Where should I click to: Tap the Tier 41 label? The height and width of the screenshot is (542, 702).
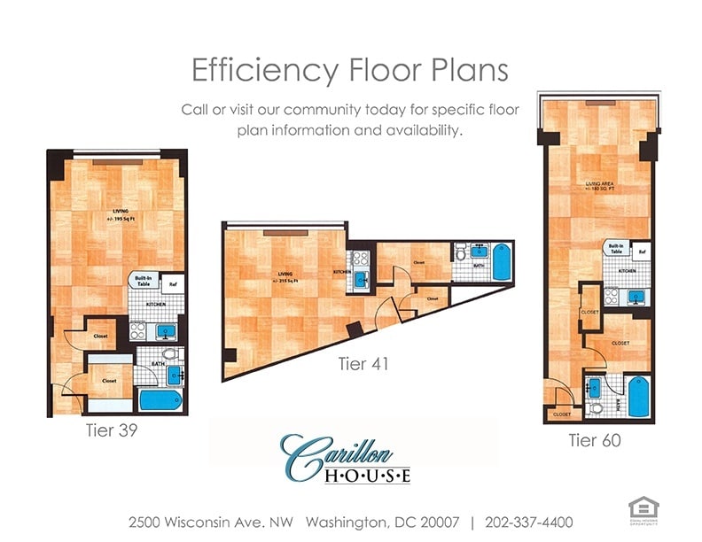(x=363, y=363)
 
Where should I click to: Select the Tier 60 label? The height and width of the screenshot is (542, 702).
(x=594, y=439)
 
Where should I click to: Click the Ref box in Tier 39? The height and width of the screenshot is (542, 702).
(x=174, y=284)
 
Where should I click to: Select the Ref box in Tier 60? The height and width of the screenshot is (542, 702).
(x=642, y=252)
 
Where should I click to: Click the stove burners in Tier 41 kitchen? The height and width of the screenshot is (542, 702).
(x=361, y=259)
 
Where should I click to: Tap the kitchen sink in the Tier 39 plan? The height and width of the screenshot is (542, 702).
(x=166, y=332)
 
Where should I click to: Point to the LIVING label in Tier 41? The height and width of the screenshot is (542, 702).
(x=285, y=275)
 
